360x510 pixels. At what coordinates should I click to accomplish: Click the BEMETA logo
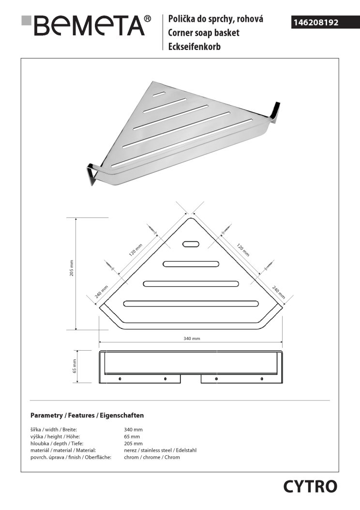(x=86, y=25)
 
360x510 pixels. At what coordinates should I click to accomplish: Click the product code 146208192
(x=316, y=22)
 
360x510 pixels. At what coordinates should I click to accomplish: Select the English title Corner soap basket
(x=204, y=33)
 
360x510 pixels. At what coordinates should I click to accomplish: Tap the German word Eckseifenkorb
(x=195, y=47)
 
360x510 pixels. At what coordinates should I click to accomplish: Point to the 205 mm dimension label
(x=72, y=268)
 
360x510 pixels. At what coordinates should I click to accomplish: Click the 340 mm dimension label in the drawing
(x=192, y=338)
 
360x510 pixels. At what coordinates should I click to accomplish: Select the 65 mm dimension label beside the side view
(x=75, y=366)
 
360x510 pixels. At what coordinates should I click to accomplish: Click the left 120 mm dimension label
(x=135, y=250)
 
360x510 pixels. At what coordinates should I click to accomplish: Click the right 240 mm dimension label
(x=278, y=292)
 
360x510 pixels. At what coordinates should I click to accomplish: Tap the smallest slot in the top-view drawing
(x=192, y=244)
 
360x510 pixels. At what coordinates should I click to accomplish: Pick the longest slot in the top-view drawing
(x=191, y=304)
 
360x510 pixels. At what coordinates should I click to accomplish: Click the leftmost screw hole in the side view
(x=120, y=379)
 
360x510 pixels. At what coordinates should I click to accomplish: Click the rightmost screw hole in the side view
(x=262, y=379)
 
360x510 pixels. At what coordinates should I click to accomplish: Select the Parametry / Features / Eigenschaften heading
(x=87, y=416)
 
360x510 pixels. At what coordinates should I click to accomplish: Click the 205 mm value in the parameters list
(x=133, y=443)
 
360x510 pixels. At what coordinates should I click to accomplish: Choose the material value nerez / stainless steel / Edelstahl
(x=160, y=450)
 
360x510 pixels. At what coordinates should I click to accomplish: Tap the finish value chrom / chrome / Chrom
(x=152, y=457)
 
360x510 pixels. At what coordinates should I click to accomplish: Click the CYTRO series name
(x=310, y=487)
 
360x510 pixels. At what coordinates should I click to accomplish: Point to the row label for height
(x=55, y=436)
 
